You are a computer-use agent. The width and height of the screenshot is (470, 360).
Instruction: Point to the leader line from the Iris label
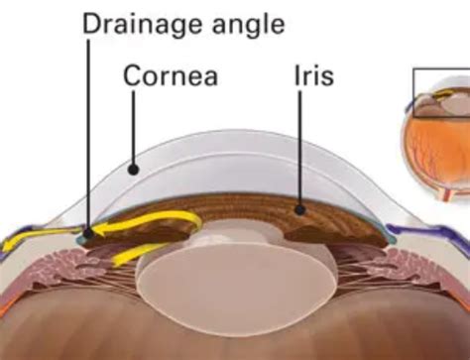click(x=301, y=149)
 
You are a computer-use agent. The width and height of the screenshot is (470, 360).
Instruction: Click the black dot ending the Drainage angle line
click(x=87, y=233)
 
